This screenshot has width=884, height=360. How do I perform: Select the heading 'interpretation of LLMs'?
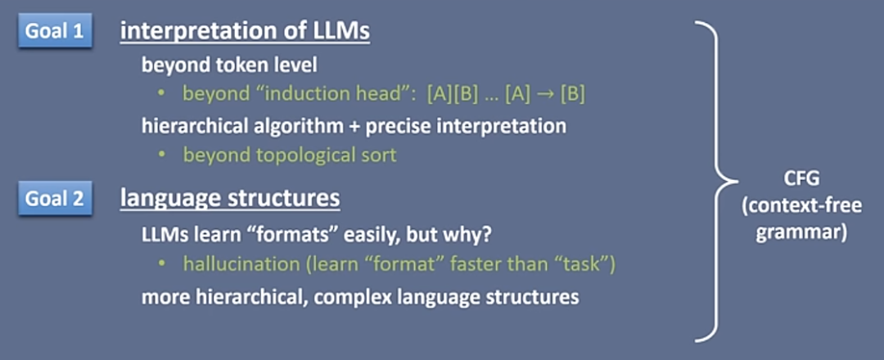(246, 32)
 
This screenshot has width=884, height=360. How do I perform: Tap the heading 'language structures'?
(230, 199)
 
